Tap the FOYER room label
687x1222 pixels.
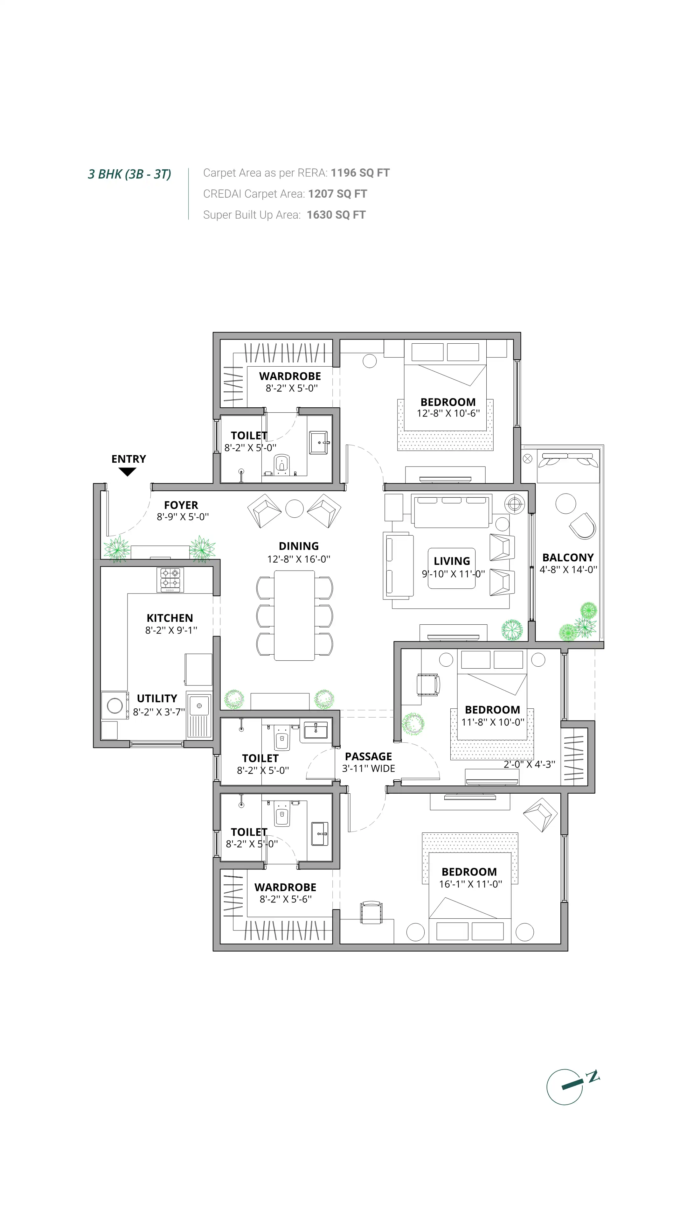pyautogui.click(x=181, y=505)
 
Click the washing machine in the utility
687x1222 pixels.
pyautogui.click(x=115, y=706)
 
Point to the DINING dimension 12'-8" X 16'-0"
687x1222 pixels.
pyautogui.click(x=298, y=559)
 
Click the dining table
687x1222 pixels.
pyautogui.click(x=295, y=615)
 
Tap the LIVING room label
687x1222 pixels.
pyautogui.click(x=451, y=561)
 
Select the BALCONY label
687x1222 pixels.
pyautogui.click(x=567, y=558)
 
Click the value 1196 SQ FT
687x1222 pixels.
pyautogui.click(x=360, y=173)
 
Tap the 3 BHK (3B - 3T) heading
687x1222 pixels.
pyautogui.click(x=129, y=174)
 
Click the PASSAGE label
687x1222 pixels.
pyautogui.click(x=368, y=757)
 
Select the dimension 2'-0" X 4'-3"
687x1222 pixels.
pyautogui.click(x=529, y=764)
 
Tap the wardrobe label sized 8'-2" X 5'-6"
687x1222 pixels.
pyautogui.click(x=285, y=887)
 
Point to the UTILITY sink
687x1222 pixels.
pyautogui.click(x=199, y=706)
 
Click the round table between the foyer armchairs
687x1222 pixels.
pyautogui.click(x=295, y=509)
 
